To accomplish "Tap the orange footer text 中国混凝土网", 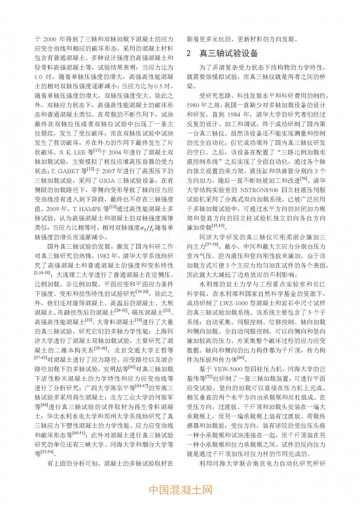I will pyautogui.click(x=180, y=489).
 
